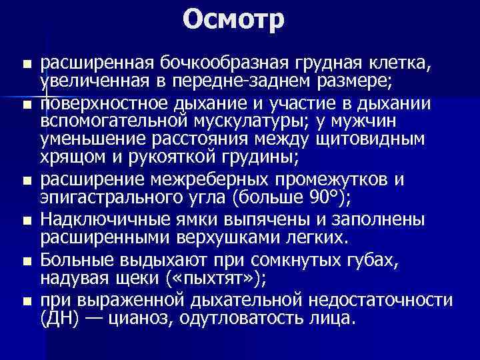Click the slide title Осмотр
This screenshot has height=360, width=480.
[234, 19]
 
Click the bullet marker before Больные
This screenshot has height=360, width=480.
[26, 261]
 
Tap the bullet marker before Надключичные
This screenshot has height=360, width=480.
[26, 220]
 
